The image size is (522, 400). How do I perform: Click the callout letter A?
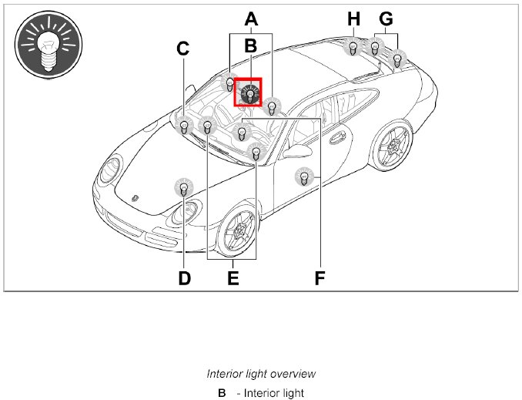pos(251,18)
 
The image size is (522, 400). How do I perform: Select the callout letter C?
pos(182,49)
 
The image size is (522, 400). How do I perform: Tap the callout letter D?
pos(184,277)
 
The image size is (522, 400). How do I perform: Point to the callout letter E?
pos(233,277)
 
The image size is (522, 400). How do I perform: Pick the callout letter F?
pos(320,277)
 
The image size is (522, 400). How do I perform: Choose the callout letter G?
pos(386,18)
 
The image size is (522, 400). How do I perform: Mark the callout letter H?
pos(353,18)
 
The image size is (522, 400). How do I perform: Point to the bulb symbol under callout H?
pos(353,48)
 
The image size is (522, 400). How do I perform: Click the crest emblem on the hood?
pos(136,197)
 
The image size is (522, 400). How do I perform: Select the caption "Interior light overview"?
pos(261,374)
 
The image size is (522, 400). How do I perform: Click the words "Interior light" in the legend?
pos(274,393)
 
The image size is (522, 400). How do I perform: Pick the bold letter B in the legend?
pos(222,393)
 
